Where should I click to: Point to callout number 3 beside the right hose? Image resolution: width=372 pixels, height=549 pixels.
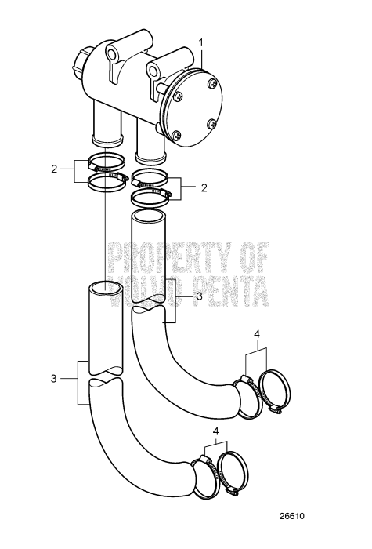coord(199,297)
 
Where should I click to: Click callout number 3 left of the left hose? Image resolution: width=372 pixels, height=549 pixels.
coord(54,378)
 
